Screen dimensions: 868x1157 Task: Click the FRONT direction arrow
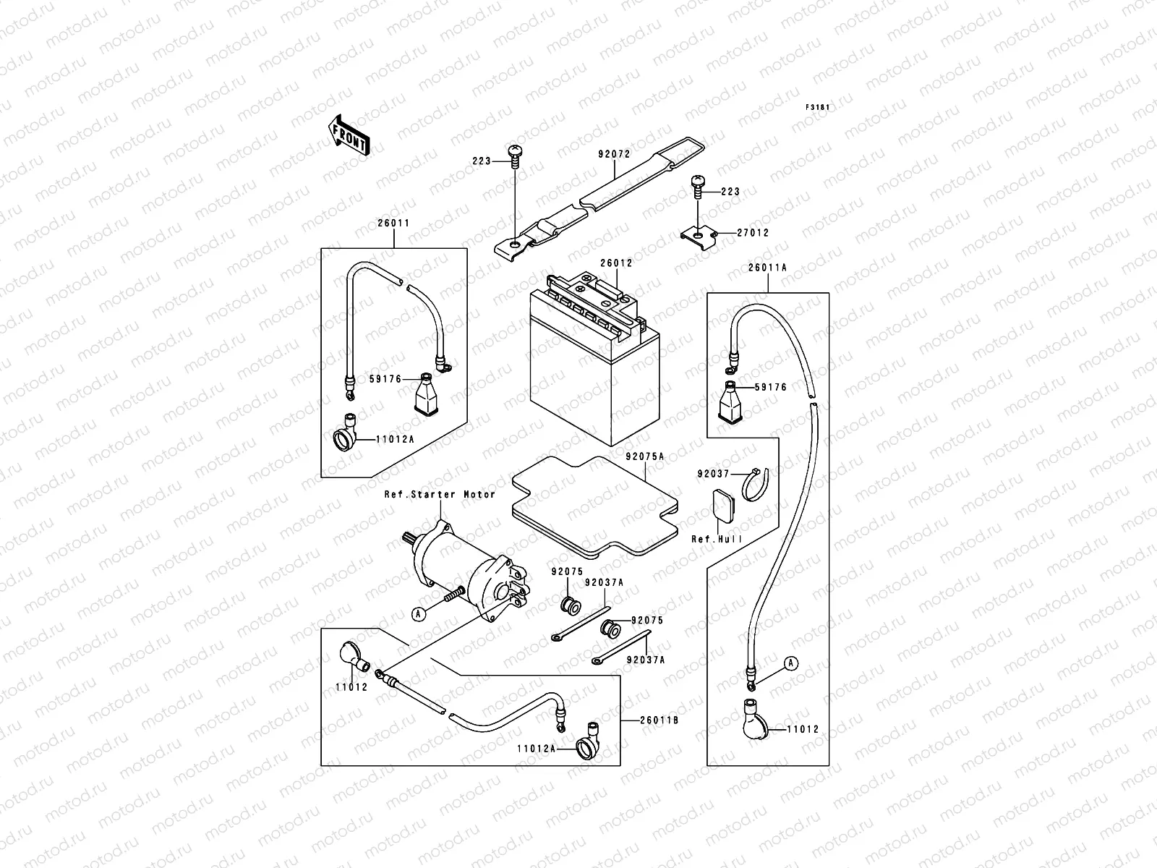[x=350, y=135]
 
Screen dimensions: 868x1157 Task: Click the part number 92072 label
[x=614, y=155]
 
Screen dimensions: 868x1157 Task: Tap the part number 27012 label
[x=753, y=233]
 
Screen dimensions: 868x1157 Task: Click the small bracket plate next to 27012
[x=699, y=236]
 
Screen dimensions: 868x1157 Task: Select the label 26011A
[x=767, y=268]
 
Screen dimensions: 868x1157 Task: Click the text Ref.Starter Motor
[x=440, y=494]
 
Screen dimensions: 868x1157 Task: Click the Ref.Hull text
[x=717, y=539]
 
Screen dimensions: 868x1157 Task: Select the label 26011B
[x=659, y=720]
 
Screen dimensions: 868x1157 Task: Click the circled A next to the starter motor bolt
[x=417, y=614]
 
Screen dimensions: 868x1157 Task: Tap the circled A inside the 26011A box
[x=790, y=663]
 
